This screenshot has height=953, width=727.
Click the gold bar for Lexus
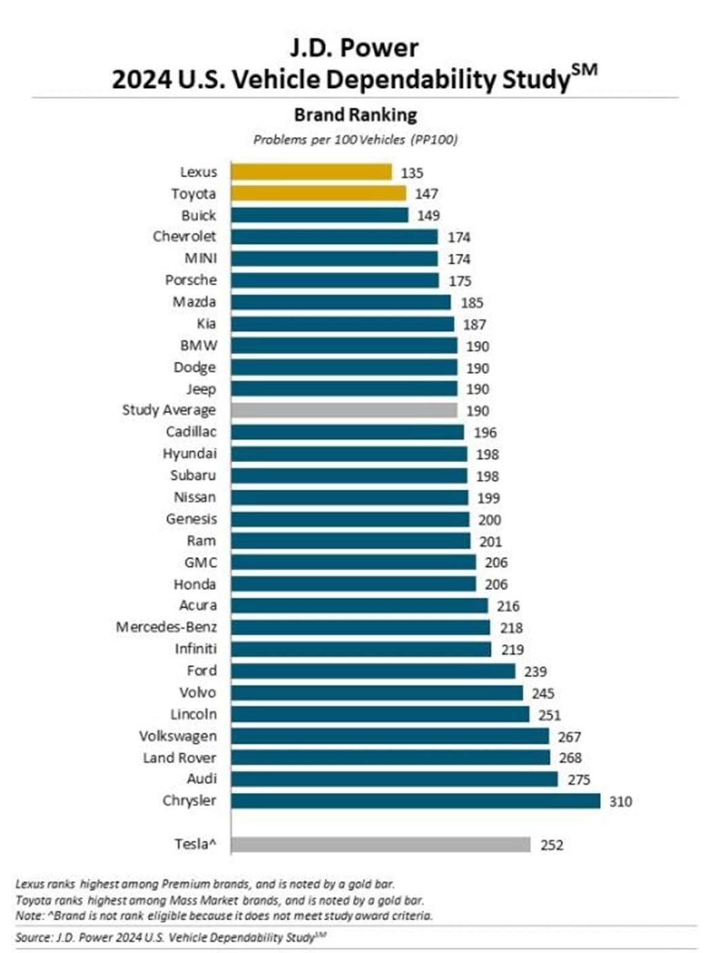tap(311, 172)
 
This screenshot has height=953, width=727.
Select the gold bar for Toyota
tap(318, 193)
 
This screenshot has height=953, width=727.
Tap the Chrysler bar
tap(415, 801)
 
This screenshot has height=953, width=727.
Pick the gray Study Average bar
tap(344, 410)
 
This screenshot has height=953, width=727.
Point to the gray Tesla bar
tap(380, 844)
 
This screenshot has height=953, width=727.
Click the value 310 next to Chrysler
tap(620, 801)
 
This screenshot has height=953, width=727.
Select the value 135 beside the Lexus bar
tap(412, 172)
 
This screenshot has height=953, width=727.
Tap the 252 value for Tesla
tap(551, 845)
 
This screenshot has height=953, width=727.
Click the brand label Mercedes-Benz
tap(166, 627)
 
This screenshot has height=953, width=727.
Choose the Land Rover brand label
tap(179, 758)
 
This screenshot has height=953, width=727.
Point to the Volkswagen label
tap(178, 736)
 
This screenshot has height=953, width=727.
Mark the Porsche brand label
tap(191, 280)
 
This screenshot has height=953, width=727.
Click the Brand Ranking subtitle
tap(355, 114)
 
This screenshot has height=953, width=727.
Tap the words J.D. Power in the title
tap(354, 48)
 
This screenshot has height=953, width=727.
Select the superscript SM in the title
tap(584, 70)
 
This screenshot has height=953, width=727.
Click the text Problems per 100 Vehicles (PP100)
tap(355, 140)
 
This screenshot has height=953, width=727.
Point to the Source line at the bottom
tap(170, 937)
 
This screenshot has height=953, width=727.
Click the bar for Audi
tap(393, 779)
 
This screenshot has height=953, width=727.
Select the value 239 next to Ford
tap(535, 671)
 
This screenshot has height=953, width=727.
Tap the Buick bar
tap(319, 215)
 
